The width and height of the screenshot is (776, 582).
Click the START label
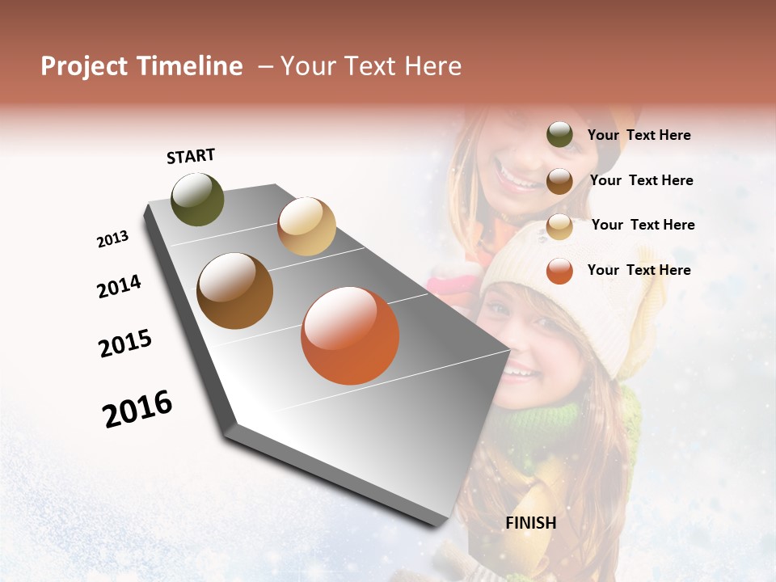tap(191, 156)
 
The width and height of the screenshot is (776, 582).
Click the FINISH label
tap(530, 523)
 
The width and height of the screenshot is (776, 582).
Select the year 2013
tap(112, 239)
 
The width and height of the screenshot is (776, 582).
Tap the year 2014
tap(119, 286)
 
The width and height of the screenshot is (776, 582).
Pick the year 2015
tap(125, 344)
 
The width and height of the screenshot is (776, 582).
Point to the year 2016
tap(137, 409)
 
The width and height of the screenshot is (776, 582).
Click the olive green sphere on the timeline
tap(197, 200)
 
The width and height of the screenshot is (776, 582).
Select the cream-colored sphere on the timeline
tap(306, 226)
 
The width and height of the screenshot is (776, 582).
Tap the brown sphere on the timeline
tap(234, 291)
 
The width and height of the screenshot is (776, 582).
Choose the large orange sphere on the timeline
tap(350, 335)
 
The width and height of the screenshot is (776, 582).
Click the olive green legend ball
tap(559, 135)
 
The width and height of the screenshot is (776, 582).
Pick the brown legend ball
tap(559, 181)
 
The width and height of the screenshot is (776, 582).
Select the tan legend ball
tap(559, 226)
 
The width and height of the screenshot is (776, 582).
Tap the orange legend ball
tap(559, 271)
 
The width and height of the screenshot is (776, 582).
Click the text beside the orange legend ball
tap(639, 270)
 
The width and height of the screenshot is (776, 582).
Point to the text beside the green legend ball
tap(639, 135)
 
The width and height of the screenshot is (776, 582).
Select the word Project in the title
tap(83, 66)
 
